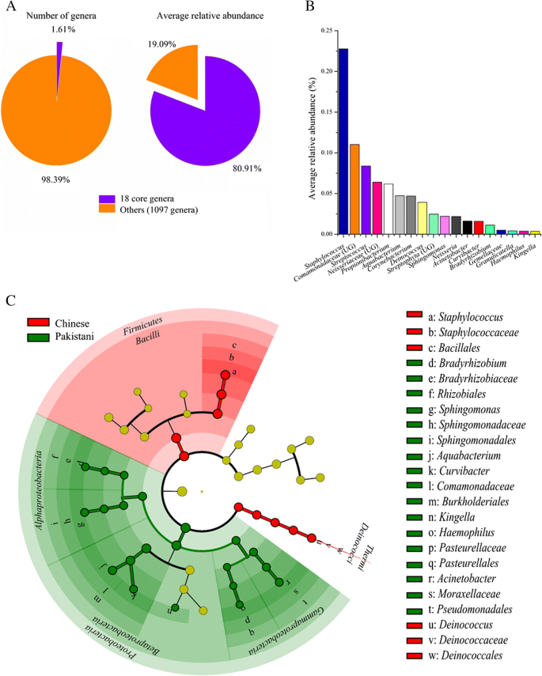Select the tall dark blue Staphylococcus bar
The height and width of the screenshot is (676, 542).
[343, 142]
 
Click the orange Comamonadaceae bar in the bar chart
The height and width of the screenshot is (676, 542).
[354, 190]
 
